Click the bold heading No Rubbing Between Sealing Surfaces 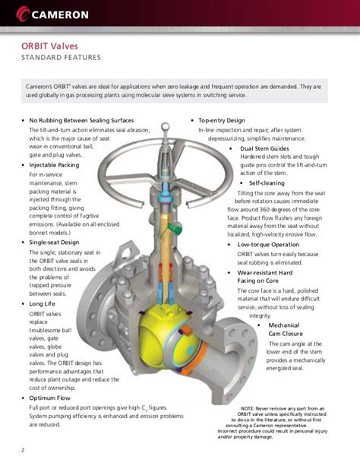coord(81,121)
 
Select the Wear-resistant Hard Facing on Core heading coord(275,275)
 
